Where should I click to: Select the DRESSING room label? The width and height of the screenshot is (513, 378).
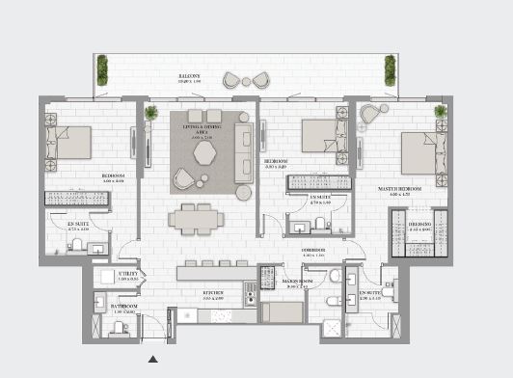[x=419, y=223]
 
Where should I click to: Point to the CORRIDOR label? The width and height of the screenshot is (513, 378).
[x=311, y=249]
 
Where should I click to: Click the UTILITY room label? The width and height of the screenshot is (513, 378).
[x=128, y=274]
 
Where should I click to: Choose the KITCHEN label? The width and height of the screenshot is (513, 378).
[x=213, y=292]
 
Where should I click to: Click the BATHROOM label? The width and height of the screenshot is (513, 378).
[x=123, y=307]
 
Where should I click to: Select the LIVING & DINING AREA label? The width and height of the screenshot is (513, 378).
[x=203, y=135]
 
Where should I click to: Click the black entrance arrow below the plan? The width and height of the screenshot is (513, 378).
[x=152, y=361]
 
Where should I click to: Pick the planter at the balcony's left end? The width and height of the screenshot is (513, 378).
[x=102, y=69]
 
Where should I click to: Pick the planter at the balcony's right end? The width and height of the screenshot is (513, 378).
[x=391, y=69]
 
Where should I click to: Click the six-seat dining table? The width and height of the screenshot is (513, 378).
[x=199, y=219]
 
